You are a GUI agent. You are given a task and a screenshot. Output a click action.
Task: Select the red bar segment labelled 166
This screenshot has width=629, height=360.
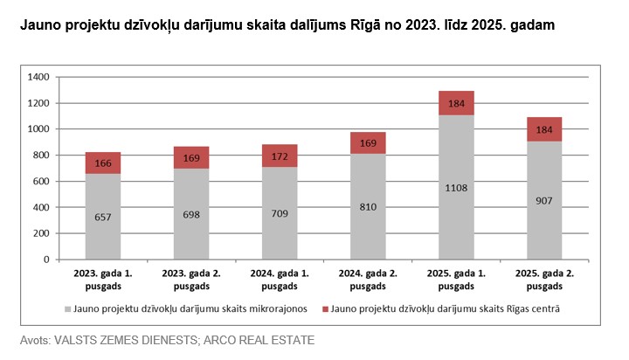click(x=103, y=163)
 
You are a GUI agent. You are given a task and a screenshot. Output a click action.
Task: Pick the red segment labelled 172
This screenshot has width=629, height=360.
click(x=280, y=156)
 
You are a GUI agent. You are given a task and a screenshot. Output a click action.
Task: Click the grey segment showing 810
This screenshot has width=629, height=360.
click(x=368, y=206)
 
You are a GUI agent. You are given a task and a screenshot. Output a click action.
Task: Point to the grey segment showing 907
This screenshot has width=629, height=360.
click(x=544, y=200)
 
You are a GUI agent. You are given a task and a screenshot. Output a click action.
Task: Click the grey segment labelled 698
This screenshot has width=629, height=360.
click(x=191, y=214)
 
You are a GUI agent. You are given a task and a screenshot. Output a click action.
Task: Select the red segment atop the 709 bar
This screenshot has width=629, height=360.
click(x=280, y=156)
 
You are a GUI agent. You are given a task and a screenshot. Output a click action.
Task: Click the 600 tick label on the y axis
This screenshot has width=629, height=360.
click(x=40, y=182)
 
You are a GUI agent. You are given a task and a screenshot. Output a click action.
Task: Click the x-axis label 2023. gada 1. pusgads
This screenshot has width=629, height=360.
click(x=103, y=280)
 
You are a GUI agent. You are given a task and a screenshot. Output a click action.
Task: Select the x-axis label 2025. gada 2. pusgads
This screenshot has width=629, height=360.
click(x=544, y=280)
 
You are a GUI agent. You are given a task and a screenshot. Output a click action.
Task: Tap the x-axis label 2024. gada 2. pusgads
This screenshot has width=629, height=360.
click(x=368, y=280)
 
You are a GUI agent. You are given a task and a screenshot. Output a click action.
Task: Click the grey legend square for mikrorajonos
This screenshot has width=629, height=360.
click(x=66, y=309)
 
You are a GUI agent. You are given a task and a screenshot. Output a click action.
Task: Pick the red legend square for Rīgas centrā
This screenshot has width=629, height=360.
click(x=324, y=309)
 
